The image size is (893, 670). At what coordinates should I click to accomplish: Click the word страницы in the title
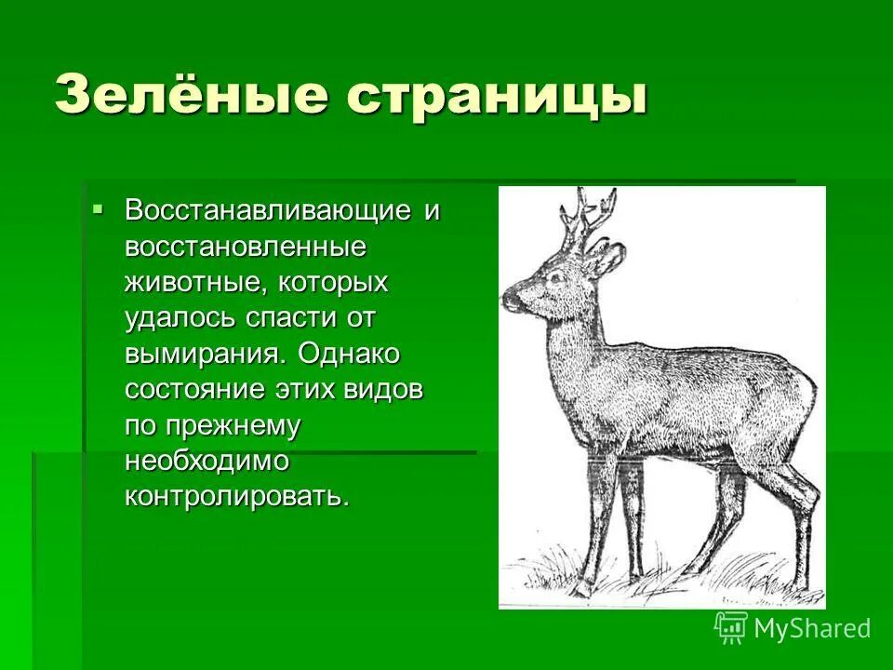coord(499,96)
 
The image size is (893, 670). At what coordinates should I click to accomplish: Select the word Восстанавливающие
coord(269,210)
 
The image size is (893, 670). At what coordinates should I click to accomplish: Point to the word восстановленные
coord(245,247)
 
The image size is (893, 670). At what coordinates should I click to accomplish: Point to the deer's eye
coord(557,276)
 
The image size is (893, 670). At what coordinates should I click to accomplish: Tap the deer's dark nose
coord(510,300)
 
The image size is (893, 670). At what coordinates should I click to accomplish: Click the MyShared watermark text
coord(812,628)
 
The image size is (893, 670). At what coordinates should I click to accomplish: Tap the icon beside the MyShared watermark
coord(731,627)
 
